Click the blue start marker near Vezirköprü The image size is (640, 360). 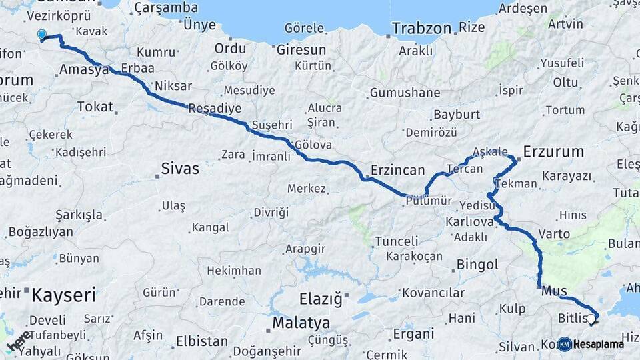coord(42,35)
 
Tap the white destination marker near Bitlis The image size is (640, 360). coord(591,319)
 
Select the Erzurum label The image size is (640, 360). coord(553,151)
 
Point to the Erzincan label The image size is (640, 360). coord(397,170)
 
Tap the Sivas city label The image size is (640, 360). coord(180,169)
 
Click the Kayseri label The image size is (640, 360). coord(64,295)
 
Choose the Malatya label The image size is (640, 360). coord(301,323)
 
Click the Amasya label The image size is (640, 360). coord(83,69)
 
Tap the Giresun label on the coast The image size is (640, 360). coord(301,50)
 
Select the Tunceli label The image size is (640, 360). coord(397,241)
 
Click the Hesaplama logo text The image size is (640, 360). coord(598,344)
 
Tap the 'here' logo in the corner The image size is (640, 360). coord(19,340)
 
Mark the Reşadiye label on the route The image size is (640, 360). coord(215,108)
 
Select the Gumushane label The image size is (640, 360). coord(405,93)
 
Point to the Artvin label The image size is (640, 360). coord(565,24)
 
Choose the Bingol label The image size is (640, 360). coord(477,265)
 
